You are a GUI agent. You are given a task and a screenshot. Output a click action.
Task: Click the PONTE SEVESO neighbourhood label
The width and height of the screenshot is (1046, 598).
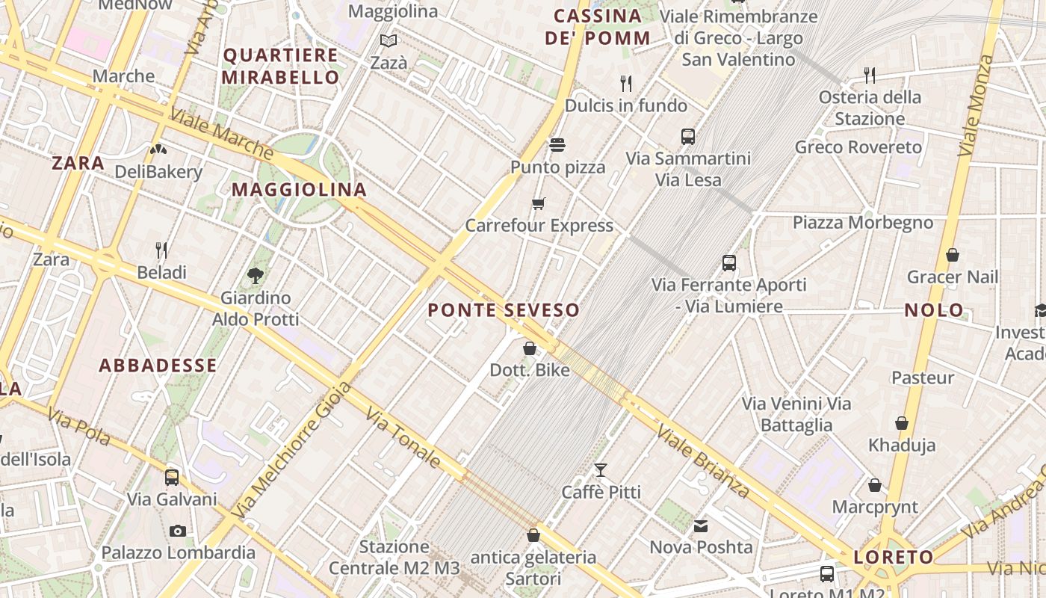pos(504,310)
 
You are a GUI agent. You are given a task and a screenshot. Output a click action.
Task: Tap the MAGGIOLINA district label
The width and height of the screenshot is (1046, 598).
pos(299,190)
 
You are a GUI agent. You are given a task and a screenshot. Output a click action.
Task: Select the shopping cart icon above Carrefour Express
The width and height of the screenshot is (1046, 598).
pos(539,203)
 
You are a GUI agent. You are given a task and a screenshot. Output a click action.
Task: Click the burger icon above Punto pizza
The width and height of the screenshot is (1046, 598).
pos(557,144)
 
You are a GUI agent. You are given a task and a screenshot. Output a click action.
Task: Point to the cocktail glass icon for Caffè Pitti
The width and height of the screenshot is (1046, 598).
pos(601,470)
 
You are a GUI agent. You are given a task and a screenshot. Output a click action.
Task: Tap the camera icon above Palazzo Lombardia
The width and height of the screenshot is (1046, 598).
pos(178,531)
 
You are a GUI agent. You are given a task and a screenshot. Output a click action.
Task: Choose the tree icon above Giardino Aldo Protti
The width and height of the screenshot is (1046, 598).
pos(256,275)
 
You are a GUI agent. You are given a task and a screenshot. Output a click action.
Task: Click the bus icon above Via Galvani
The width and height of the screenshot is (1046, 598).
pos(172,477)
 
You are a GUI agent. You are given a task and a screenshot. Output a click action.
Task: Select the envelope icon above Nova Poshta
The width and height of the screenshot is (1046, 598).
pos(701,525)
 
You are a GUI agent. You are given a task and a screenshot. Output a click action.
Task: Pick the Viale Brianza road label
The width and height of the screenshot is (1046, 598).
pos(702,460)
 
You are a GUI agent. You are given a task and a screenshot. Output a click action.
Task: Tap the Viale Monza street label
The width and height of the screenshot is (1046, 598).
pos(978,105)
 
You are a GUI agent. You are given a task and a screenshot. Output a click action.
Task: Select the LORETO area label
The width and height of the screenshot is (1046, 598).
pos(894,557)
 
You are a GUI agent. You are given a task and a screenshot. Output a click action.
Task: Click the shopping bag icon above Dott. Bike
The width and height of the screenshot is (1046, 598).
pos(530,348)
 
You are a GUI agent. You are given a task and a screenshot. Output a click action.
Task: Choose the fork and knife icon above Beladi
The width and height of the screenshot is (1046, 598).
pos(161,250)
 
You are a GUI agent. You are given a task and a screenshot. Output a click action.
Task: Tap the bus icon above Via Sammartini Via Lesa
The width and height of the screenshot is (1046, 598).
pos(688,137)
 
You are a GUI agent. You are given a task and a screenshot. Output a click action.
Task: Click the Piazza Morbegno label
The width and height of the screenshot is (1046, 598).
pos(863,223)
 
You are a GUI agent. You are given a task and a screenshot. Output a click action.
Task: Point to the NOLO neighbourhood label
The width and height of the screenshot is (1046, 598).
pos(934,310)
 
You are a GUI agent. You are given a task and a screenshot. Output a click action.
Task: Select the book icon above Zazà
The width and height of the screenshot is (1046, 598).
pos(389,40)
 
